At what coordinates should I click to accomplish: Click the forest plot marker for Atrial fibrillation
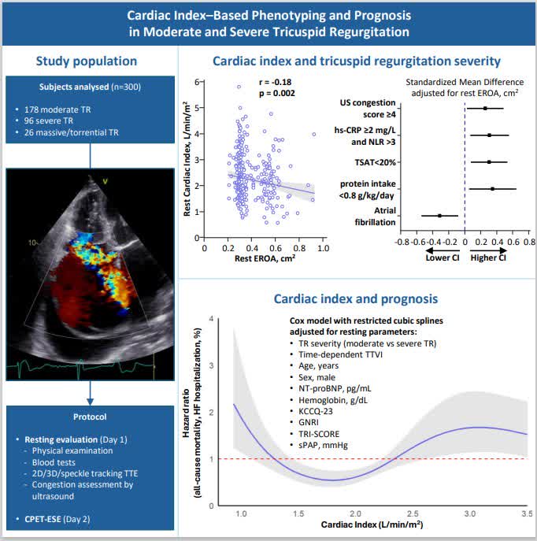pos(439,215)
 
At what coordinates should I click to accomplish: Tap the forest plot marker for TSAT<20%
pos(489,161)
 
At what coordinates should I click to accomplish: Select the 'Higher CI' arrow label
pos(488,258)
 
